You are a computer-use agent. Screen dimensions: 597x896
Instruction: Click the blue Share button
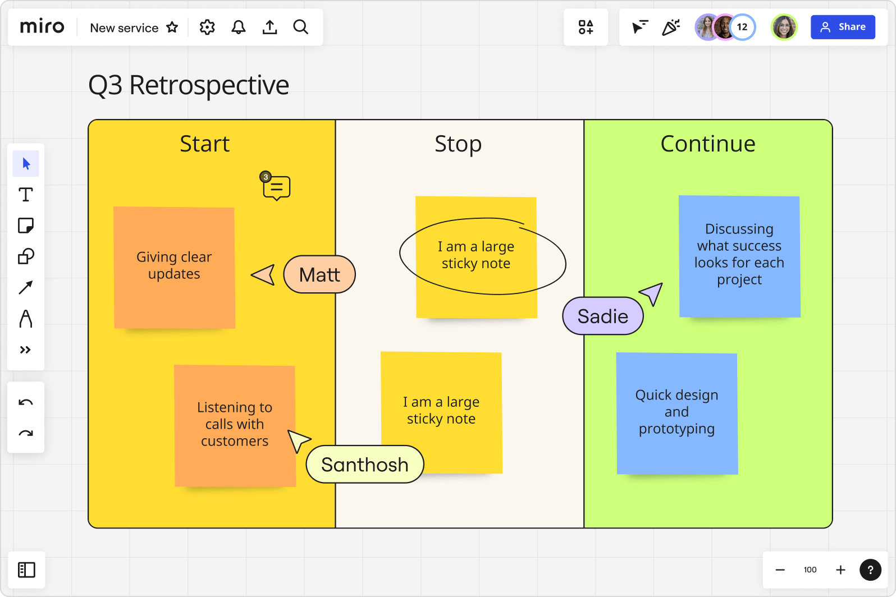click(x=842, y=27)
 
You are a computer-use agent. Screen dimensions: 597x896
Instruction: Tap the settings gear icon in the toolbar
click(x=207, y=27)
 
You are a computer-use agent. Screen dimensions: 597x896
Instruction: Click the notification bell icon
click(x=239, y=27)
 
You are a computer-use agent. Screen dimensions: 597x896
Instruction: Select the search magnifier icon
click(x=301, y=27)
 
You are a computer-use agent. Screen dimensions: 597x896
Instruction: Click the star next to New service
click(x=172, y=27)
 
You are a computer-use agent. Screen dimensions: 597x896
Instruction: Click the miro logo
click(x=42, y=27)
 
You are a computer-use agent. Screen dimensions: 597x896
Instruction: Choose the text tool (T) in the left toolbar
click(x=26, y=195)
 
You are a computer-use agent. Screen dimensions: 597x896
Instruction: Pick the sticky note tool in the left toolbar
click(x=26, y=226)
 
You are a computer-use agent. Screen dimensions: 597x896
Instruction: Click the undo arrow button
click(x=26, y=402)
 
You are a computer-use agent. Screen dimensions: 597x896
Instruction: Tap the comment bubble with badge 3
click(x=276, y=188)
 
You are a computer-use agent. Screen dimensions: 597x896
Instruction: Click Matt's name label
click(x=319, y=274)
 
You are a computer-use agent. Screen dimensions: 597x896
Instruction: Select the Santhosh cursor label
click(x=365, y=465)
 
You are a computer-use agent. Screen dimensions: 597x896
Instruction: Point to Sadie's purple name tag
click(x=603, y=316)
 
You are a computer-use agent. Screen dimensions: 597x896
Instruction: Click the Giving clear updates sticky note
click(x=174, y=267)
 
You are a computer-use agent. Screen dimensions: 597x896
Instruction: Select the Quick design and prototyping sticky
click(x=676, y=413)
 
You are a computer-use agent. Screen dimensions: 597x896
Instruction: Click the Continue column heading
click(x=707, y=144)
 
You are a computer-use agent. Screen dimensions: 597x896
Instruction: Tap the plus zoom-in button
click(x=840, y=570)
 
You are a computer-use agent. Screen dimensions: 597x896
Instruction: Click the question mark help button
click(x=870, y=570)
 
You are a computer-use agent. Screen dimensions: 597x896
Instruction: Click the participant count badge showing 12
click(x=742, y=27)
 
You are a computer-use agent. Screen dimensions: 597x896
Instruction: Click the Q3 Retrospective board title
click(x=189, y=85)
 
